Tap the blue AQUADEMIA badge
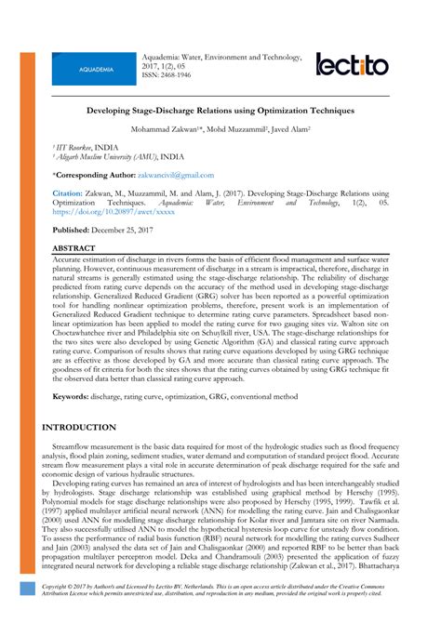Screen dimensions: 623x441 pyautogui.click(x=97, y=70)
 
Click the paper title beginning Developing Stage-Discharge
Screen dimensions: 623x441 pyautogui.click(x=220, y=110)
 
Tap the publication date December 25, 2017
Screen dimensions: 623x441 pyautogui.click(x=127, y=228)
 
